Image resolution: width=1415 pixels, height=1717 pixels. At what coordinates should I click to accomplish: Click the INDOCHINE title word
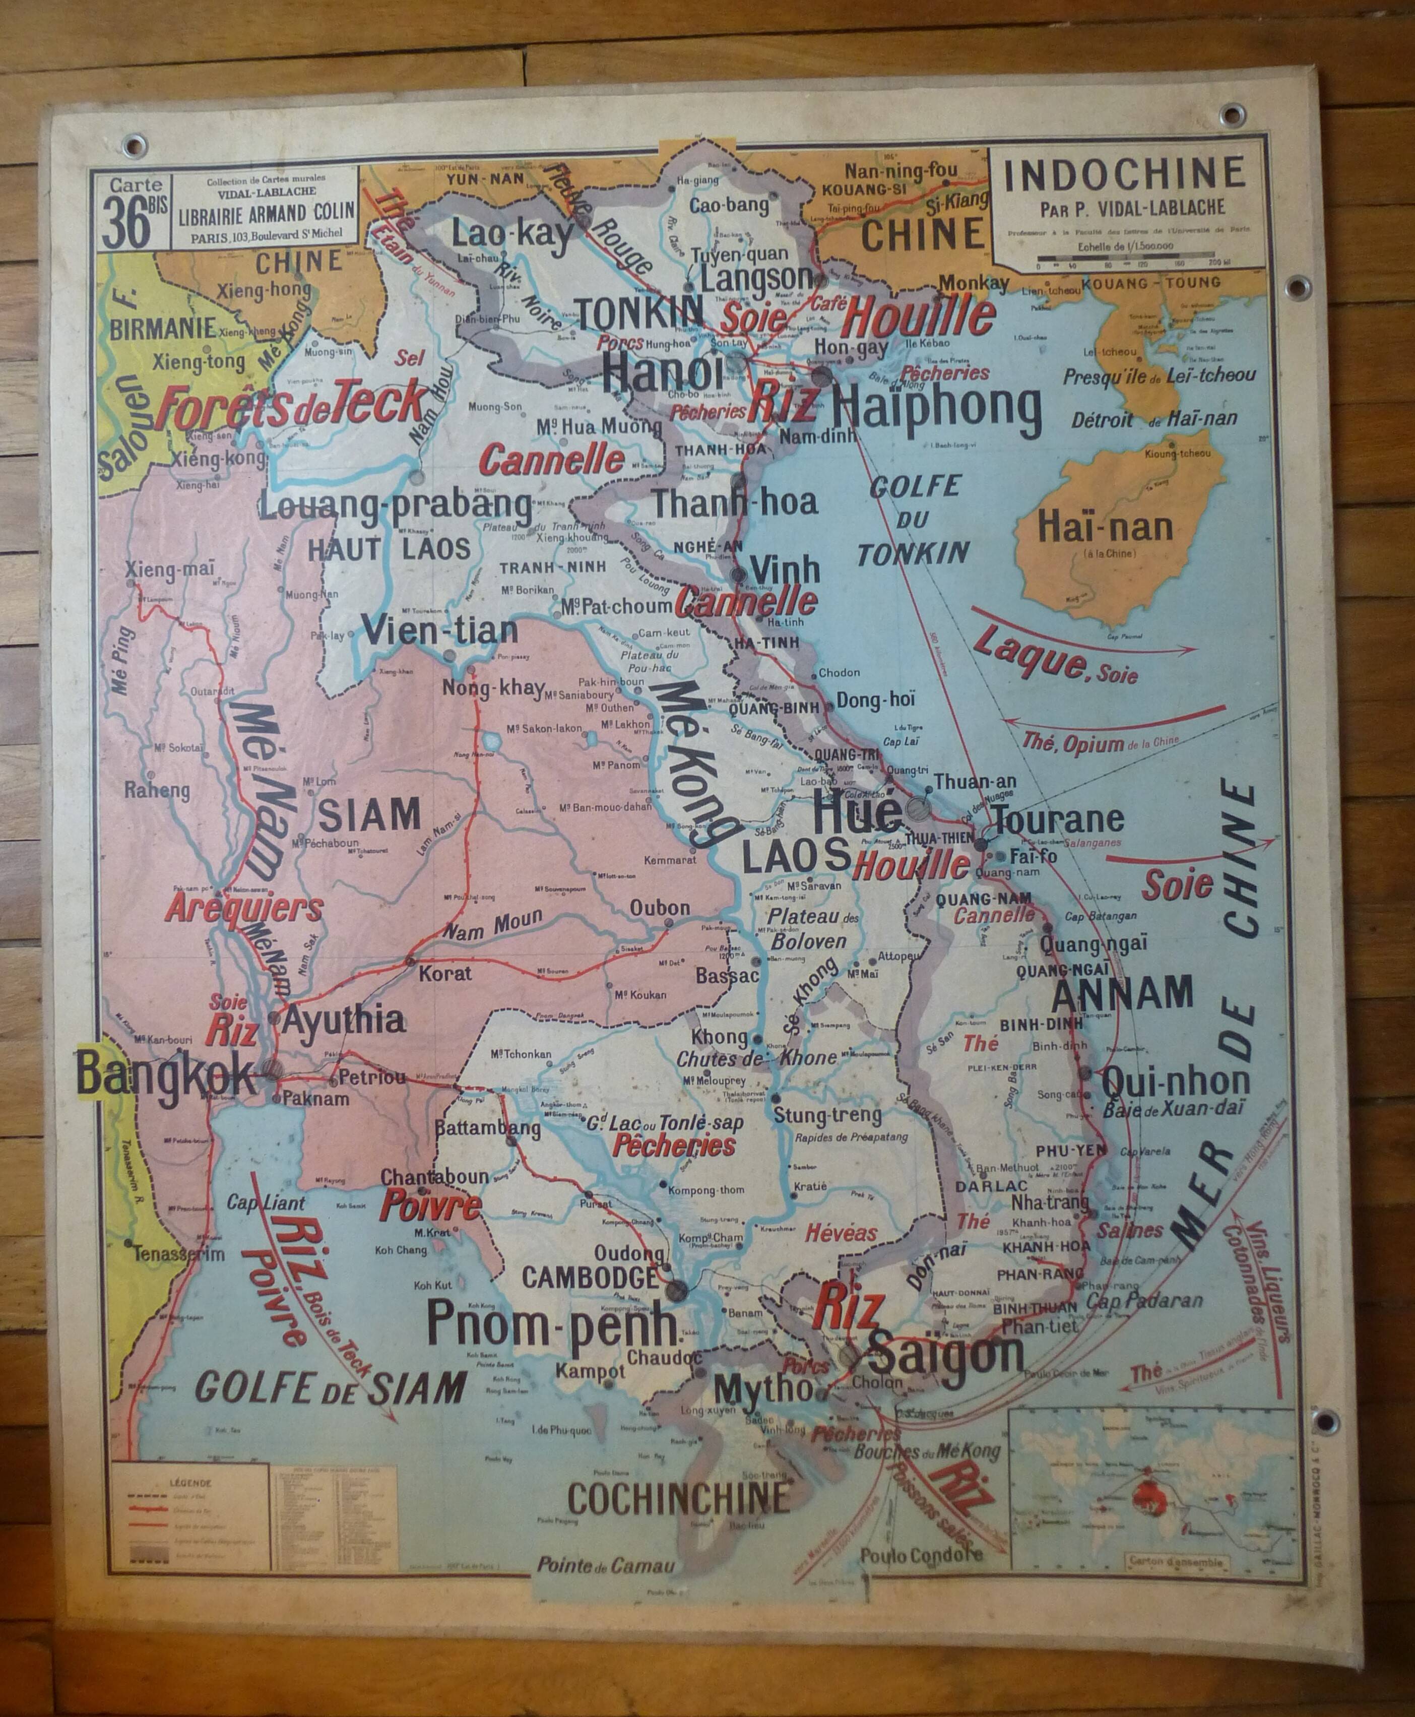click(x=1125, y=174)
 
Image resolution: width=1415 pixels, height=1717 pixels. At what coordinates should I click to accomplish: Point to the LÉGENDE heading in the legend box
click(x=190, y=1484)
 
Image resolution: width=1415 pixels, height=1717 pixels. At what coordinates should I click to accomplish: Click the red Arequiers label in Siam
click(x=244, y=908)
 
